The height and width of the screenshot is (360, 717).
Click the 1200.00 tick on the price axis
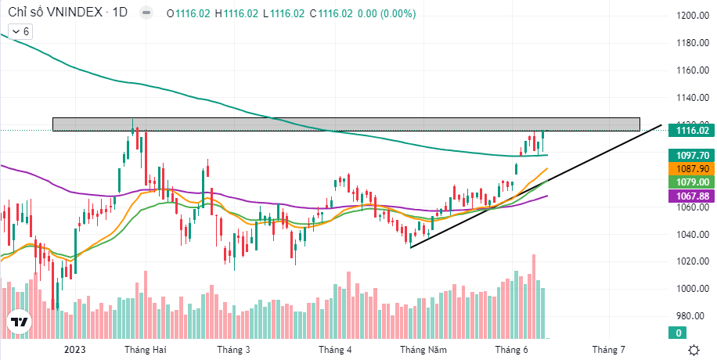tap(693, 16)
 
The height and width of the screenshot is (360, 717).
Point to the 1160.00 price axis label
tap(693, 70)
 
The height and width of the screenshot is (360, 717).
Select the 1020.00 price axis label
tap(693, 261)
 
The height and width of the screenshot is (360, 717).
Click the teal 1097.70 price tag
tap(692, 156)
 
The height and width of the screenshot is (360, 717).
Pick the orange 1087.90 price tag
tap(692, 169)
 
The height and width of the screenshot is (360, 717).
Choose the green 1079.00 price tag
tap(692, 182)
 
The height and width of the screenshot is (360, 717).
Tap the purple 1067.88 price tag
tap(692, 196)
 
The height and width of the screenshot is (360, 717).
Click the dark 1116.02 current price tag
tap(692, 131)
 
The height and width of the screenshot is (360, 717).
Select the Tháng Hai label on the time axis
tap(145, 350)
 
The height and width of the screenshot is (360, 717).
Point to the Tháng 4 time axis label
tap(335, 350)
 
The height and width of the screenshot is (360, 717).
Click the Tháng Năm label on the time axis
tap(423, 350)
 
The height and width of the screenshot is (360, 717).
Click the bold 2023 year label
tap(76, 350)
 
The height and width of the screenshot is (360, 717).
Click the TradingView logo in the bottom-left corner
tap(19, 321)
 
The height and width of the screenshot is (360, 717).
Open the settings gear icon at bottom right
tap(694, 350)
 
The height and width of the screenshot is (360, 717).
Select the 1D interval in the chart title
tap(120, 14)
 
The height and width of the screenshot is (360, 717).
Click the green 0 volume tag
tap(679, 333)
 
